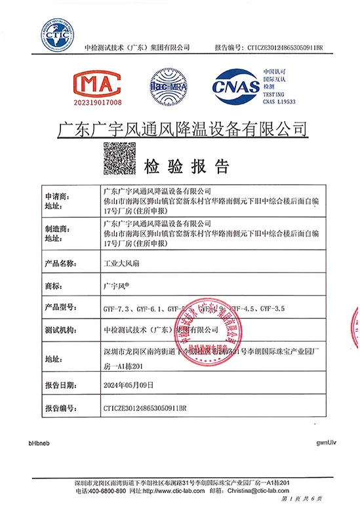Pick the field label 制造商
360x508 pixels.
tap(56, 234)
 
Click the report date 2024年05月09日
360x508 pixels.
tap(127, 385)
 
